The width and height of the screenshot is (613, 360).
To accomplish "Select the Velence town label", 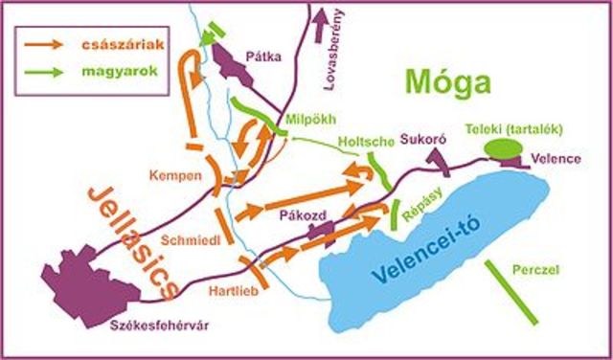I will click(x=556, y=159).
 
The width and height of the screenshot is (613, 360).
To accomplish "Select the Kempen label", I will click(x=175, y=176).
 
